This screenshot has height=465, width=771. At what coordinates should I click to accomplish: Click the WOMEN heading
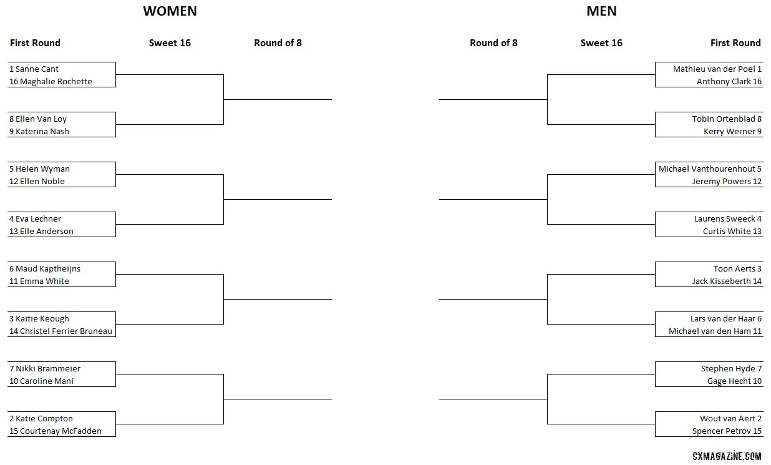pos(170,11)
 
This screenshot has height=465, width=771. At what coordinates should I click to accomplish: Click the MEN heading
pos(601,11)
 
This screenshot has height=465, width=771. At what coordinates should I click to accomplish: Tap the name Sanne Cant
pos(37,69)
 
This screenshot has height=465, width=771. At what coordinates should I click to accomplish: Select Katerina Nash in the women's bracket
pos(42,131)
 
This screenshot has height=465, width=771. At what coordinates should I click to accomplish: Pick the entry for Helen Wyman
pos(42,169)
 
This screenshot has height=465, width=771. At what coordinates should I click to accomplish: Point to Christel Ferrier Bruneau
pos(66,331)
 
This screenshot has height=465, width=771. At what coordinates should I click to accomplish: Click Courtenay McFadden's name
pos(61,431)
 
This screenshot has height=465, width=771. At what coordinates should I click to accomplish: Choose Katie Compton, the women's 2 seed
pos(44,418)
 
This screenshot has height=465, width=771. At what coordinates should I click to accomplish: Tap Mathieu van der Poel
pos(714,69)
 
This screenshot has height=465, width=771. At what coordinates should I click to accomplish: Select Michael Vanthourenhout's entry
pos(707,169)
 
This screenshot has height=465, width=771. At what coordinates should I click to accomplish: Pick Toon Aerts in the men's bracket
pos(734,268)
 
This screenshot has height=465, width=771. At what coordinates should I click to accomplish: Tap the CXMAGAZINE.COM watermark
pos(727,456)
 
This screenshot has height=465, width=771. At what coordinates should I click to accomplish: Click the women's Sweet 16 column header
pos(170,42)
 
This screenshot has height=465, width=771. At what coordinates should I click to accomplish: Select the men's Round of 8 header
pos(493,42)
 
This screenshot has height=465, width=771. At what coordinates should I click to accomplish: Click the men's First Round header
pos(735,42)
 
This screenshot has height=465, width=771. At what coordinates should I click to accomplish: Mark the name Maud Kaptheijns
pos(48,268)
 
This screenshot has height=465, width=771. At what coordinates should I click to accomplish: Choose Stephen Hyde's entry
pos(728,368)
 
